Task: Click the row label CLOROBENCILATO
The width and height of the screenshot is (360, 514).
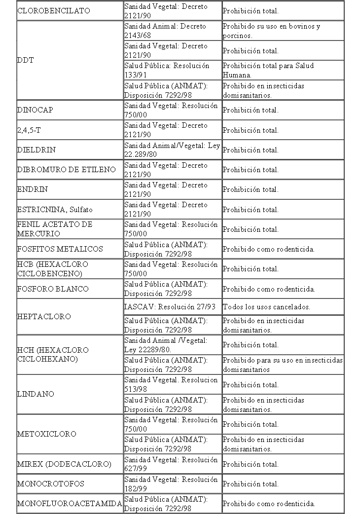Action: click(x=54, y=11)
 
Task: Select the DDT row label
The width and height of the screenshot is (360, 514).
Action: click(x=26, y=60)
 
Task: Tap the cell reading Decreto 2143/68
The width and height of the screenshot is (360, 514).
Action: click(x=165, y=31)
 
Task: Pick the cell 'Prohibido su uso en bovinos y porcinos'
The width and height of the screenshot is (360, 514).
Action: click(x=271, y=31)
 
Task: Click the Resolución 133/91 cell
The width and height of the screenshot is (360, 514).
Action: click(x=167, y=70)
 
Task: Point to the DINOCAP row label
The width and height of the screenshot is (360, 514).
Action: click(x=35, y=110)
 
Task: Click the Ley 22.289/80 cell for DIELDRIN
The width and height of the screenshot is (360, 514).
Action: click(x=172, y=150)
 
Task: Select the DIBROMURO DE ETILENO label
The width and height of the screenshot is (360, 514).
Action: click(x=67, y=170)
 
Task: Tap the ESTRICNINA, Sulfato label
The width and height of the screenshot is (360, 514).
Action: click(x=55, y=210)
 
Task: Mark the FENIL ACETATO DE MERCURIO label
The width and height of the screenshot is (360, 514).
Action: click(x=55, y=229)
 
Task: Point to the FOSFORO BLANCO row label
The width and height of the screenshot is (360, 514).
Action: click(x=53, y=289)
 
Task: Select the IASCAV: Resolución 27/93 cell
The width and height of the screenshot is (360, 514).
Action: click(x=170, y=307)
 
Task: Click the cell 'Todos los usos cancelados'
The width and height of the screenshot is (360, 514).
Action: click(x=266, y=307)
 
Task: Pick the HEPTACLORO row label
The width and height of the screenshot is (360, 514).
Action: click(x=44, y=316)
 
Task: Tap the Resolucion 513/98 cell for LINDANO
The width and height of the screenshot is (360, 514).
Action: click(x=171, y=384)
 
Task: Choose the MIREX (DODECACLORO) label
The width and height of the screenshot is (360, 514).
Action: click(x=64, y=464)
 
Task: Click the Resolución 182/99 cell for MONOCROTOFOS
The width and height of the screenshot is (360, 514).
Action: click(x=171, y=484)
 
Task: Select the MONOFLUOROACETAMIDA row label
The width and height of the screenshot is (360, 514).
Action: click(x=70, y=504)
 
